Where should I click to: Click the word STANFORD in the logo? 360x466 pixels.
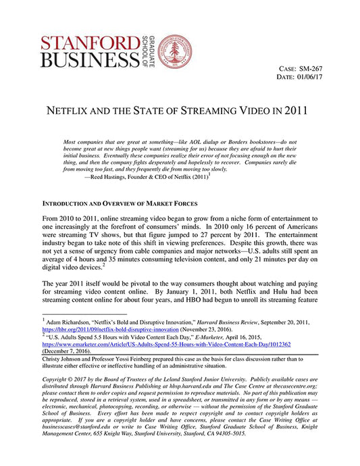pos(82,43)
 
